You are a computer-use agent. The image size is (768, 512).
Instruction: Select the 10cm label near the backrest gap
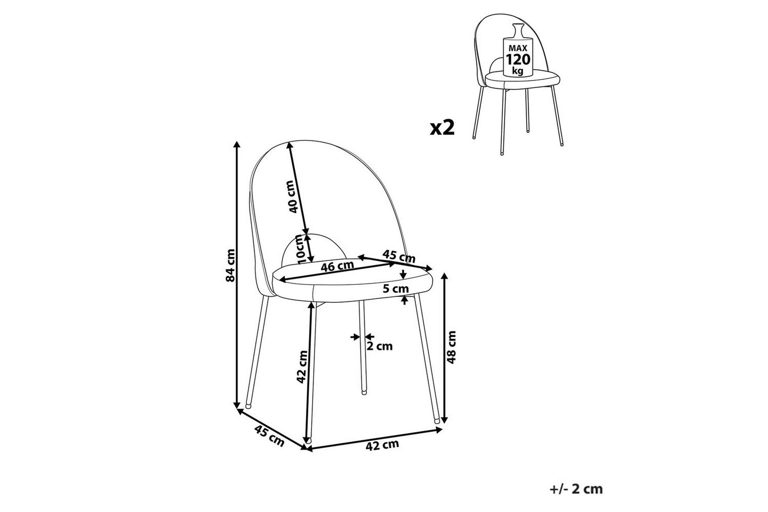coord(302,250)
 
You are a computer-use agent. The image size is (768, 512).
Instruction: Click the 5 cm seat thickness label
coord(396,289)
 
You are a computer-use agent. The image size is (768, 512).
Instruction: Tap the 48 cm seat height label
coord(452,347)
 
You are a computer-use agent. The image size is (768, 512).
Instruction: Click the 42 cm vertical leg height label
coord(302,367)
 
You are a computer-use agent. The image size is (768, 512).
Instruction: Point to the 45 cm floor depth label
coord(269,435)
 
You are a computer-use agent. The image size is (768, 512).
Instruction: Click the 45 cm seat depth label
coord(399,256)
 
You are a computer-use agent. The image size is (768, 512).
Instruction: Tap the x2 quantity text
coord(442,128)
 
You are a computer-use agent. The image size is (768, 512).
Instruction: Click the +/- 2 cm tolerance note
coord(576,489)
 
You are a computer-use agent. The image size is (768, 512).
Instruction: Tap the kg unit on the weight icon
coord(518,72)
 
